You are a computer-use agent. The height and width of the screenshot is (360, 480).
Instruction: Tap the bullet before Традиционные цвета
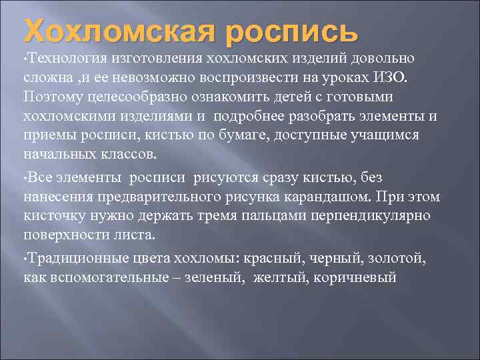[25, 259]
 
